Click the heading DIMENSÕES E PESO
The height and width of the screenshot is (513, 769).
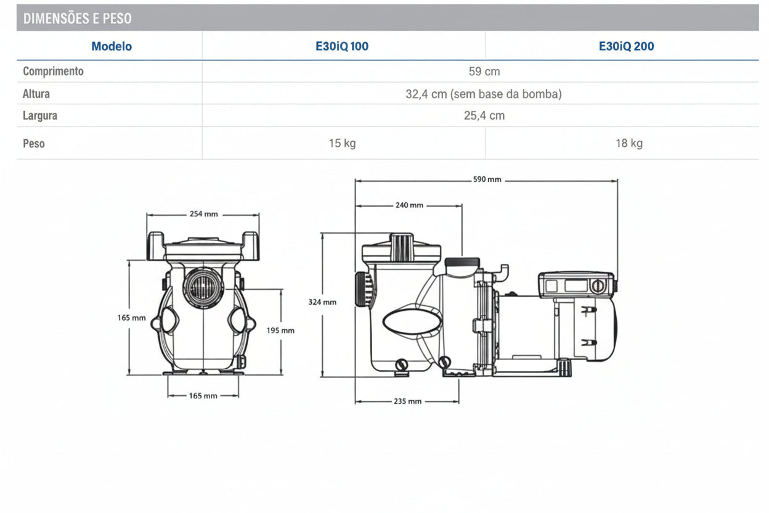pos(77,18)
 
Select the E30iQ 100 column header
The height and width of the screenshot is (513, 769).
pos(342,46)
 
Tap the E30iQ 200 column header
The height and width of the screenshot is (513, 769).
pos(626,46)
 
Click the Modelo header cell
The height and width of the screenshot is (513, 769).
pos(112,46)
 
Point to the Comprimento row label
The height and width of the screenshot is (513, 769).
pos(53,71)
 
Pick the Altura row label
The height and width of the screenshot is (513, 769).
pos(36,94)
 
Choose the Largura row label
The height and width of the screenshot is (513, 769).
pos(40,115)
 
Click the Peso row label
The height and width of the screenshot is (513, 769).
pos(34,143)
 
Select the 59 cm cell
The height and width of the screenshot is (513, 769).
pos(484,72)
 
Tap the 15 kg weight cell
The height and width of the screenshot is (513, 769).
pos(342,143)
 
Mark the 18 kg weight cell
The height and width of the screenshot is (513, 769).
pos(629,143)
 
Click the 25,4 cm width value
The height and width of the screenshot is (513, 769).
pos(484,115)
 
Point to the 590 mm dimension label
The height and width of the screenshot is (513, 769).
pos(487,179)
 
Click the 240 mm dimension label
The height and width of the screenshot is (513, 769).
pos(409,205)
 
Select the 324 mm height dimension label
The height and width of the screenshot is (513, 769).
pos(322,302)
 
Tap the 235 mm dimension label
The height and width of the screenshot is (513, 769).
pos(407,401)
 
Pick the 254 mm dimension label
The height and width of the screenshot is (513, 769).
pos(203,214)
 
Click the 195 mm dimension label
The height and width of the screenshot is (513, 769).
pos(280,330)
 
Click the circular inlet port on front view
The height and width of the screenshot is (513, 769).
pos(203,287)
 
